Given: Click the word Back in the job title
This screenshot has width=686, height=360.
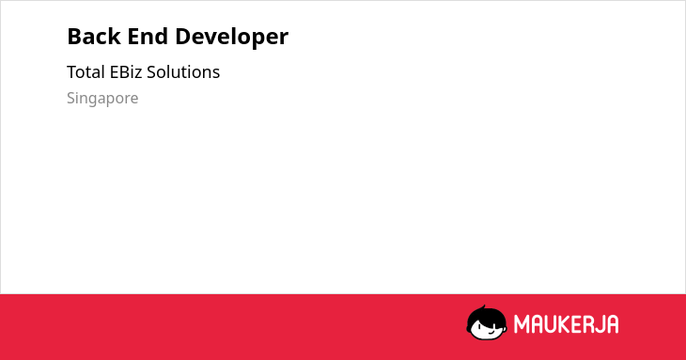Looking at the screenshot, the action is [94, 37].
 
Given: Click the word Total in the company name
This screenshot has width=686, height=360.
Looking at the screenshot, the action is [86, 72].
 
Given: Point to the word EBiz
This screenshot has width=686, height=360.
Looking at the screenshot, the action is [126, 72].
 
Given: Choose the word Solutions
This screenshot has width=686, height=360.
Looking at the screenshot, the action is [183, 72].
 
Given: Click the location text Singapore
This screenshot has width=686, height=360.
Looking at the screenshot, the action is [102, 99].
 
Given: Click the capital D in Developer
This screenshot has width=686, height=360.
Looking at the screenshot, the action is [183, 37].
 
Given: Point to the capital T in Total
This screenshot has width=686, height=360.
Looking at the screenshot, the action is [72, 72].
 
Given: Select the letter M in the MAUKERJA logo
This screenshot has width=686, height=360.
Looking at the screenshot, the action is [522, 324].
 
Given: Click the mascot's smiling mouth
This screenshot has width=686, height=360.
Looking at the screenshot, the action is [491, 333].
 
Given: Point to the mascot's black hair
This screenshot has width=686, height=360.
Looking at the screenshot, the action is [486, 317].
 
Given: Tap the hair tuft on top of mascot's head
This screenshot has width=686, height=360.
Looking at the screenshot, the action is [483, 307].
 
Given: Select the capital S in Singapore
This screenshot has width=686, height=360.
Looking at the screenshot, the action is [70, 98].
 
